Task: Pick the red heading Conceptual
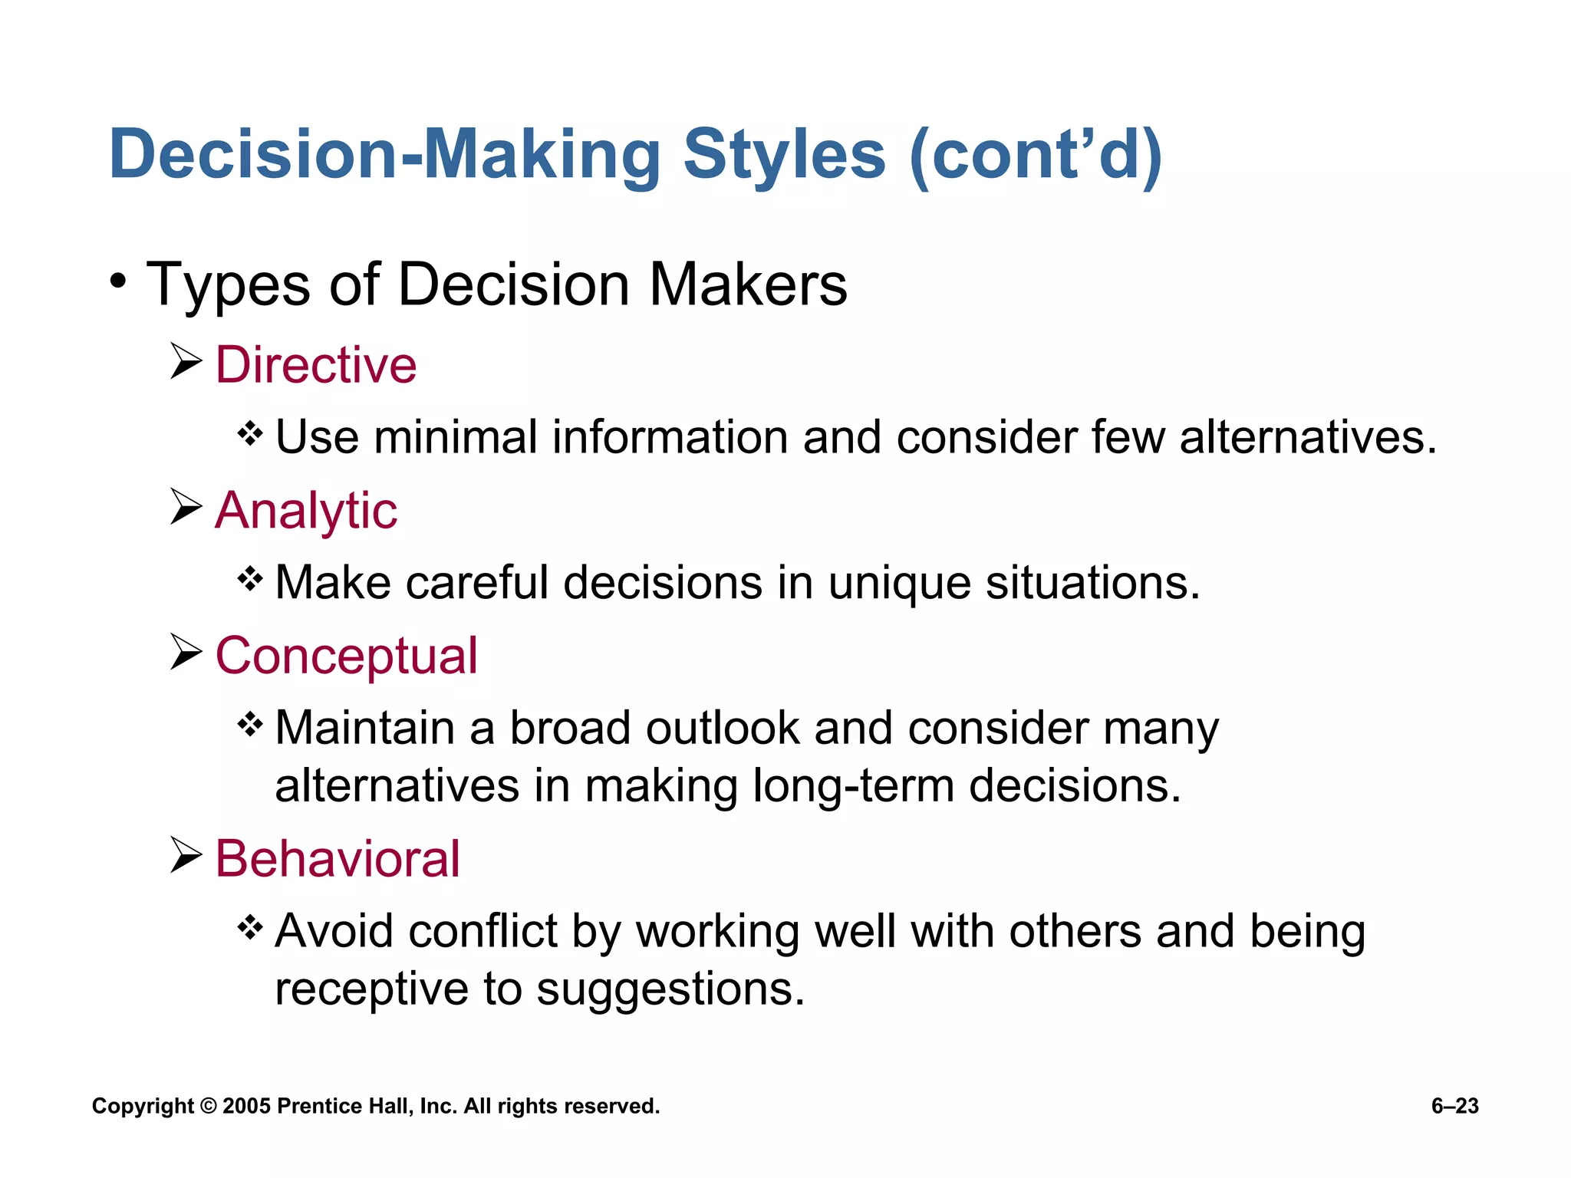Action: [346, 656]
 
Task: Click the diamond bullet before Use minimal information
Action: [250, 434]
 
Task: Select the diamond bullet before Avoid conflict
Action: [250, 928]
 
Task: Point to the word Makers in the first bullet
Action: [748, 285]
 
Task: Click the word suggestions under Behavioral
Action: [670, 989]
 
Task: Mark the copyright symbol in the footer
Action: [208, 1107]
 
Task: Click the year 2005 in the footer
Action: [246, 1107]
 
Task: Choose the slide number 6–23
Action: [1454, 1107]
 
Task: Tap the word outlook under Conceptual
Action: [723, 728]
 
